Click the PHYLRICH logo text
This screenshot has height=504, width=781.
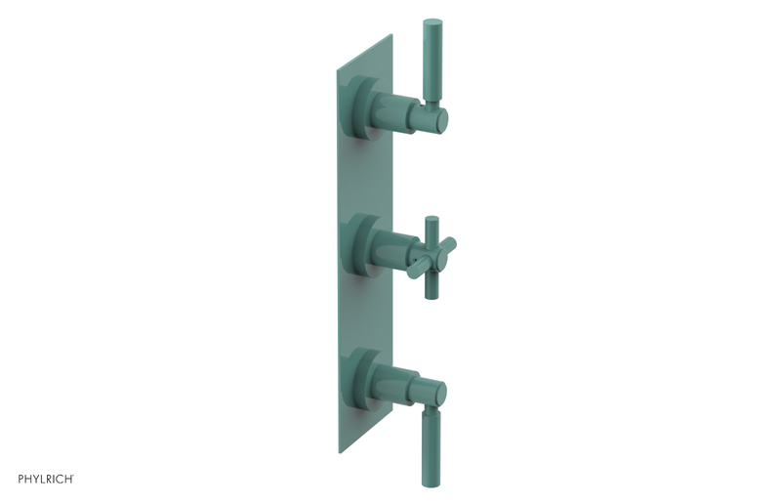(46, 479)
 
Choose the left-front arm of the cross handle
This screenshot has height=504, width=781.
(416, 270)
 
